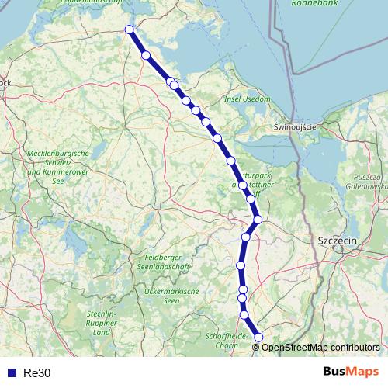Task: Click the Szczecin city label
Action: pos(337,241)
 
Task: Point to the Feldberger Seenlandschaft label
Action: pos(168,262)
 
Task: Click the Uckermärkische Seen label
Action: pos(172,296)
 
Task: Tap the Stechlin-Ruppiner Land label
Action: pos(102,322)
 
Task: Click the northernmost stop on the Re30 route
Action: pos(130,30)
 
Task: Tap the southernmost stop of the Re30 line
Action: pos(258,337)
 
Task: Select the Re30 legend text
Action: pos(36,373)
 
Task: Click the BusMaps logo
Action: pos(351,372)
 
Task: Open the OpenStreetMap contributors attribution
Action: pos(320,347)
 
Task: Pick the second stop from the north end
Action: pos(146,54)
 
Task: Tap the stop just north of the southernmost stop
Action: pos(244,314)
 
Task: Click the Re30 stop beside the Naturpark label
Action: pos(243,185)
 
